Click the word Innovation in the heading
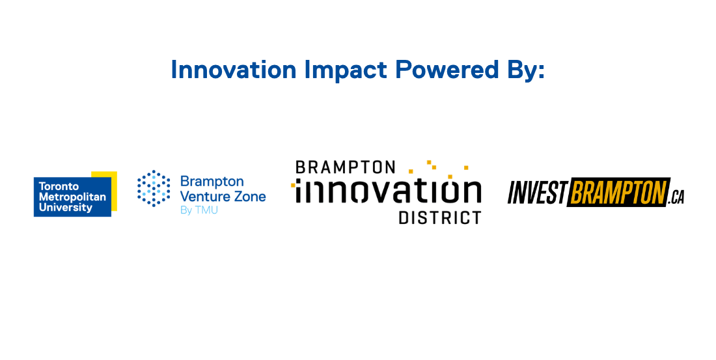point(234,70)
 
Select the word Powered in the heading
point(447,70)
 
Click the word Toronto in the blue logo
point(59,186)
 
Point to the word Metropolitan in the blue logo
point(73,197)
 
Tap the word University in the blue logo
point(66,208)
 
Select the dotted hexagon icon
point(154,188)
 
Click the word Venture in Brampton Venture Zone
point(205,197)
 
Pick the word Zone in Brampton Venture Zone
point(250,197)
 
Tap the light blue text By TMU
point(199,211)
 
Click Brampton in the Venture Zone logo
point(212,182)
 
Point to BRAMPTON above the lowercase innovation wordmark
point(345,167)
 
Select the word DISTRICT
point(440,217)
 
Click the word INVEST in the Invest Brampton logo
point(538,192)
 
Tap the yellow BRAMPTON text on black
point(619,192)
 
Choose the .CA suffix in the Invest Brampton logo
point(676,197)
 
